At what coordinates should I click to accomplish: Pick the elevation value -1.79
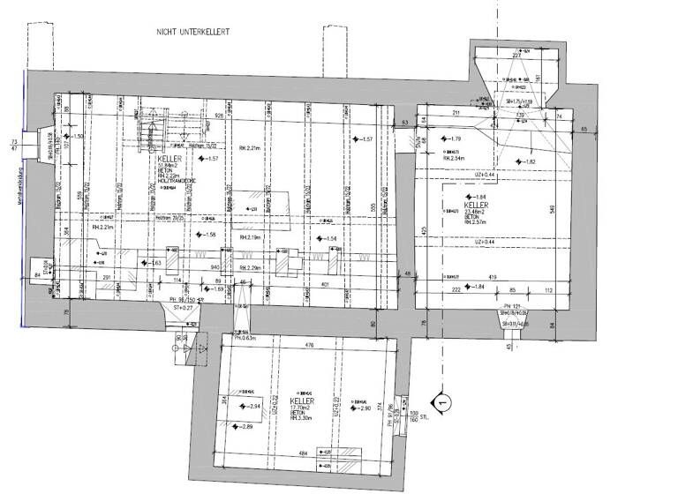(453, 140)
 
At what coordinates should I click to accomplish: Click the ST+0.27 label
(183, 309)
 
